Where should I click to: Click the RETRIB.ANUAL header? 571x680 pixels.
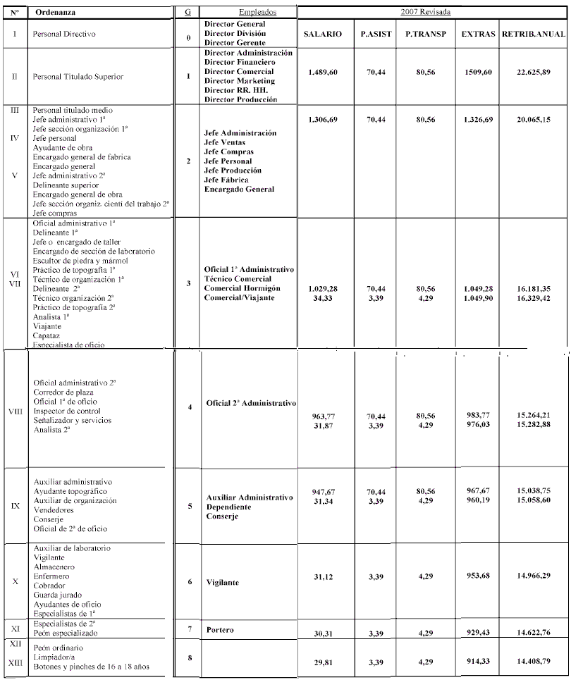[x=533, y=35]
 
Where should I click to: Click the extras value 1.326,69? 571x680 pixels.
[x=477, y=120]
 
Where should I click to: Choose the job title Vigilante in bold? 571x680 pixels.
[x=223, y=582]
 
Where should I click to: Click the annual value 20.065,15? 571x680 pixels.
[x=533, y=120]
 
